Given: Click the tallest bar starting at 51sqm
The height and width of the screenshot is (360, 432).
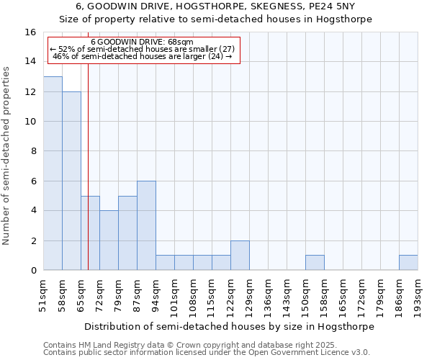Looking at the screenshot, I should tap(53, 174).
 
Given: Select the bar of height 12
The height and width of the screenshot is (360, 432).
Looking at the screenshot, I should tap(71, 181).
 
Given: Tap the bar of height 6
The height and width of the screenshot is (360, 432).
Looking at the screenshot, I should tap(146, 225).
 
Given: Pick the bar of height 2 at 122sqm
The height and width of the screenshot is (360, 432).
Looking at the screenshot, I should tap(240, 256).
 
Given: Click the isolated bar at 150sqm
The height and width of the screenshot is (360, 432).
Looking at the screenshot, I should tap(315, 263).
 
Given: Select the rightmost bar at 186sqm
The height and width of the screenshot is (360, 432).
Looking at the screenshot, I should tap(408, 263).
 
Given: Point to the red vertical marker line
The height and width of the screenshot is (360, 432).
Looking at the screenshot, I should tap(88, 166).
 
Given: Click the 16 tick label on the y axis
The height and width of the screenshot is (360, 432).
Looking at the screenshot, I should tap(30, 32).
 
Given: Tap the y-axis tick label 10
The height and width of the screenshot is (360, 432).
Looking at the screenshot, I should tap(30, 122).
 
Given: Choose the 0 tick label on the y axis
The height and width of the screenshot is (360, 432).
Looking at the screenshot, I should tap(33, 271).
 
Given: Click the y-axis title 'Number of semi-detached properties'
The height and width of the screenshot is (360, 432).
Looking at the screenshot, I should tap(8, 156).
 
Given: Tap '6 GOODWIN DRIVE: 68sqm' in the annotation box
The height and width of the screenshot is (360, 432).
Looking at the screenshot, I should tap(142, 42).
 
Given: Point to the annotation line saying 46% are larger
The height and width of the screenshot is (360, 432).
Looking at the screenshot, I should tap(143, 56).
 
